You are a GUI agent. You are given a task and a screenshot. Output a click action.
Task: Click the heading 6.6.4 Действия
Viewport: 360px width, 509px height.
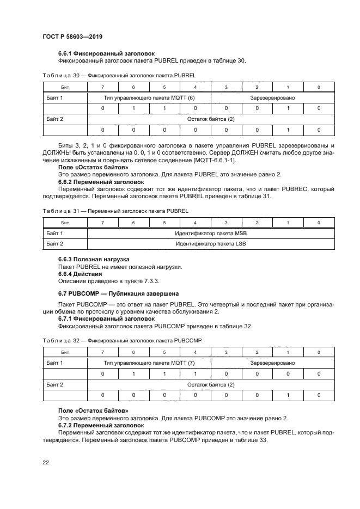(83, 274)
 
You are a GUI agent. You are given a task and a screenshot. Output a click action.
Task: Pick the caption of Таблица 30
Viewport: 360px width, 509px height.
(119, 75)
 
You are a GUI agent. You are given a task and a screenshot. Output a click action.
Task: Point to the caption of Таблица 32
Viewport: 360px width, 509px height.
(121, 340)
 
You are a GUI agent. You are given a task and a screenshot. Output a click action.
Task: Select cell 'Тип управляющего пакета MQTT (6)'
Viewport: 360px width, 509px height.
(149, 97)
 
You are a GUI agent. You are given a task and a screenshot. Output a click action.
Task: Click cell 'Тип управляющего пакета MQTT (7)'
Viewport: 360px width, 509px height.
(149, 362)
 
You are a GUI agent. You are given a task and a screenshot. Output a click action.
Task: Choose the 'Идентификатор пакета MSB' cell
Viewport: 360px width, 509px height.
(210, 233)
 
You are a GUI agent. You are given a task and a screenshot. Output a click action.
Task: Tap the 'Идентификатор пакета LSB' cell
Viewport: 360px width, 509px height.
(210, 244)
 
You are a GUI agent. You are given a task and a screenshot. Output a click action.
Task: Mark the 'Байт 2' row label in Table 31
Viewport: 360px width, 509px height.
(54, 244)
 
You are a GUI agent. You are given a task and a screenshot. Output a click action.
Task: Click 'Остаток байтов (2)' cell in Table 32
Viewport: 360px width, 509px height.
(210, 384)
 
